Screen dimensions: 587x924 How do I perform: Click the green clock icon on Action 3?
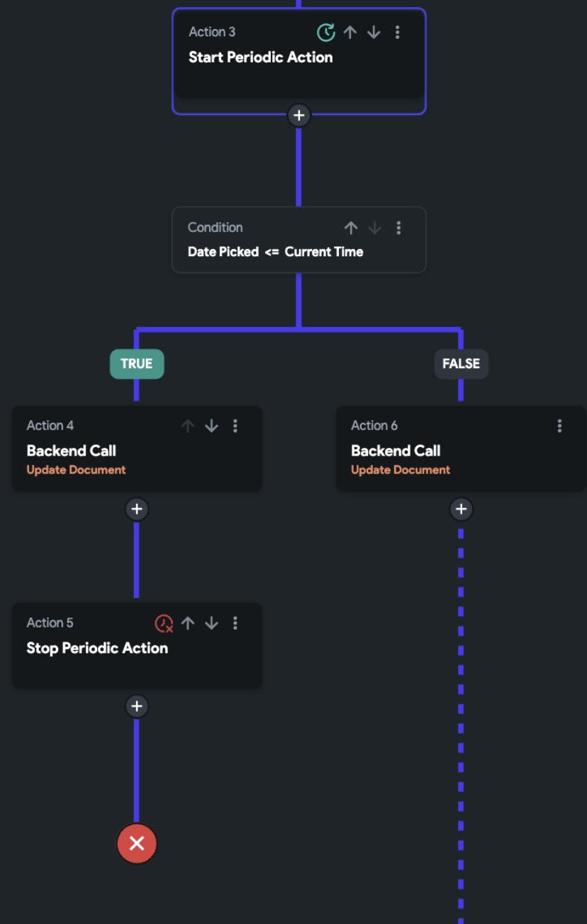click(x=326, y=32)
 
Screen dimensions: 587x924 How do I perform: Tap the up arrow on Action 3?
click(x=350, y=32)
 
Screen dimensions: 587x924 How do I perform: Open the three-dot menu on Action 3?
click(x=398, y=32)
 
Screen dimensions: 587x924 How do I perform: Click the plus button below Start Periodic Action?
click(x=299, y=116)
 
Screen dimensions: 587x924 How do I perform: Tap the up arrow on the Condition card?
click(x=351, y=228)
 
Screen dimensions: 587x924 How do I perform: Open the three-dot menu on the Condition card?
click(x=398, y=228)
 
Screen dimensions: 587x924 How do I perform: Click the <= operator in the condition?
click(x=272, y=252)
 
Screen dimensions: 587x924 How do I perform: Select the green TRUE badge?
click(x=137, y=364)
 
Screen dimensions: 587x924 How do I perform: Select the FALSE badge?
click(x=461, y=364)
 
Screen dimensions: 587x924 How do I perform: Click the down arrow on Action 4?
click(x=212, y=426)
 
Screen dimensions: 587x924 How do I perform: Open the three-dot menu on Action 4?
click(x=235, y=426)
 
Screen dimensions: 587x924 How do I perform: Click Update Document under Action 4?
click(x=76, y=470)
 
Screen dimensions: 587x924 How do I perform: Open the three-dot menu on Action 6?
click(x=559, y=426)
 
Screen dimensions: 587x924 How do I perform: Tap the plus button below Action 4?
click(x=137, y=509)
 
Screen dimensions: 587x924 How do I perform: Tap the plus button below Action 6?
click(x=461, y=509)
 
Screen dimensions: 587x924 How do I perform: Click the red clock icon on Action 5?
click(x=164, y=623)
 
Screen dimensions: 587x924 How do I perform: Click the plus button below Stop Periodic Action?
click(x=137, y=706)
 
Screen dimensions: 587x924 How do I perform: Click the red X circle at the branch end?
click(x=137, y=844)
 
